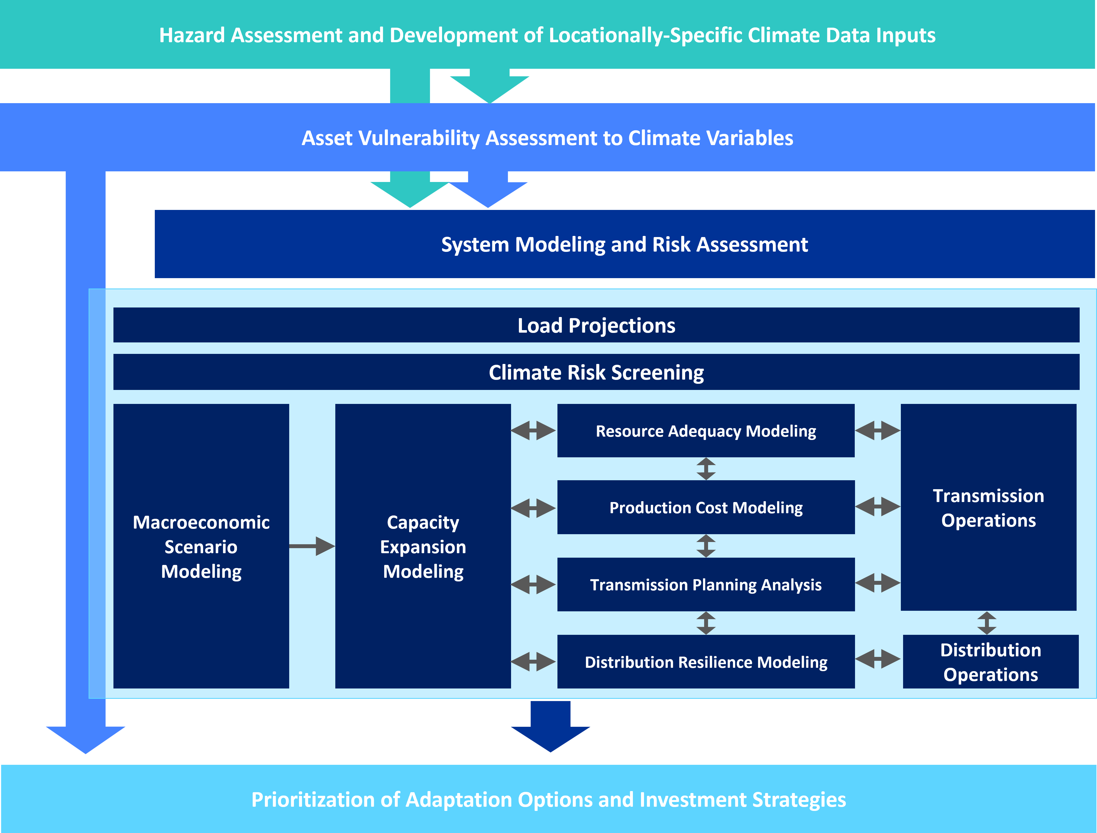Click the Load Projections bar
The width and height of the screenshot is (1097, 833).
click(596, 325)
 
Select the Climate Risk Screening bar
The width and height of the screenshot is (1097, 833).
click(596, 372)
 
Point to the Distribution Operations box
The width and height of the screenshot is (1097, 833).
click(990, 662)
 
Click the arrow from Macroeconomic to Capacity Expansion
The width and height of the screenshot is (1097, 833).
click(312, 546)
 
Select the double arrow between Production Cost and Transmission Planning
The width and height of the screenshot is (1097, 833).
click(706, 546)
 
